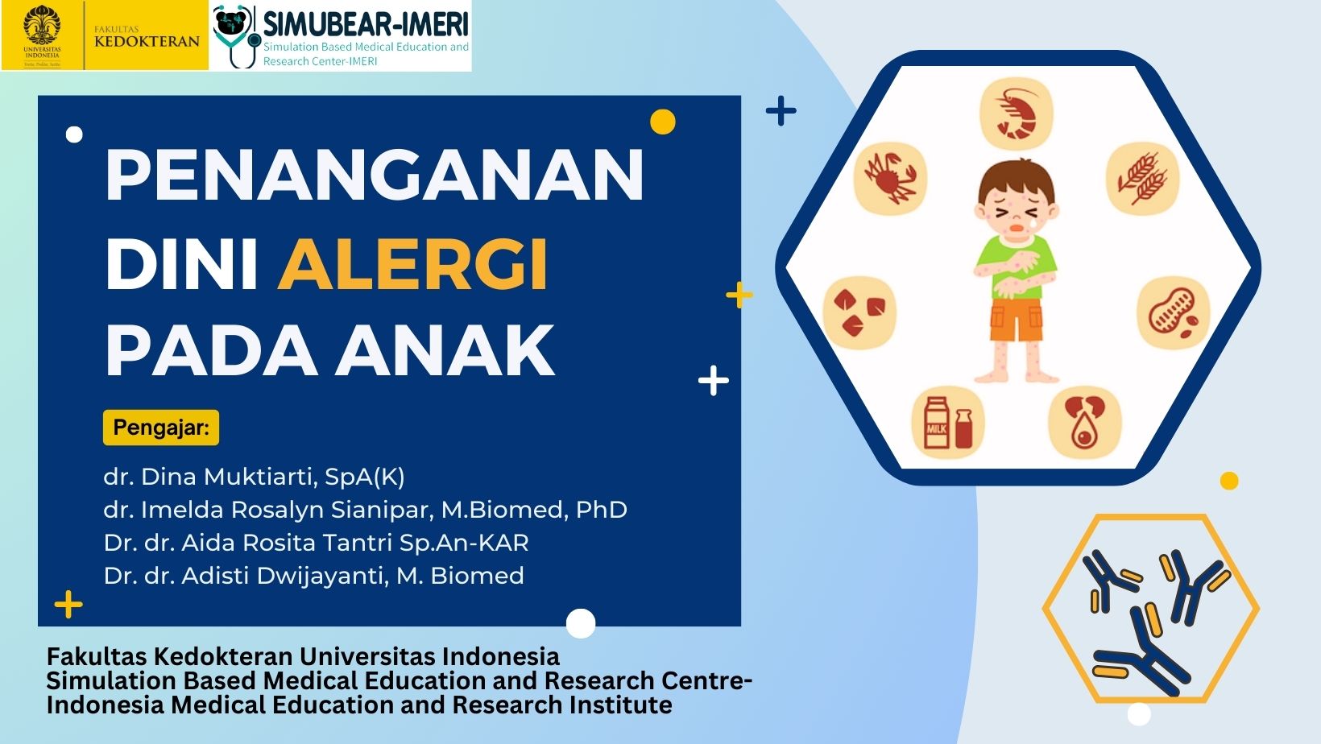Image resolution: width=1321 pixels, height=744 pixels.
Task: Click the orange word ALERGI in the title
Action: point(412,264)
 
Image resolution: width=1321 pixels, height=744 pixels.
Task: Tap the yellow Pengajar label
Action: point(161,428)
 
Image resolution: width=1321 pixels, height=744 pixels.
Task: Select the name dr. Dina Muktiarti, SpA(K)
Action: point(255,477)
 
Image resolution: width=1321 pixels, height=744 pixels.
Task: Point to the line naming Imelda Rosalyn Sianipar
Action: point(365,510)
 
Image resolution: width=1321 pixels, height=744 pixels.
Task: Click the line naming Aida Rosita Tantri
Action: point(316,543)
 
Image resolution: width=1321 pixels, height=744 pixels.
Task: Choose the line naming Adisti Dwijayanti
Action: point(314,576)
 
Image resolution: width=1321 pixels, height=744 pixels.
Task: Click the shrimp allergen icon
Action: point(1016,114)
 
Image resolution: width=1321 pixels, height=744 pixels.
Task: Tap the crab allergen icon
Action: point(891,178)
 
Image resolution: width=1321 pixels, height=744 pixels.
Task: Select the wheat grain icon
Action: point(1142,178)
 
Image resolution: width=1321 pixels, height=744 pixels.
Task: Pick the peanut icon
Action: point(1174,312)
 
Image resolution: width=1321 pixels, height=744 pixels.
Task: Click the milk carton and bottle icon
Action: point(948,423)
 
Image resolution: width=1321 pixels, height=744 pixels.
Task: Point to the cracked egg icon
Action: point(1084,423)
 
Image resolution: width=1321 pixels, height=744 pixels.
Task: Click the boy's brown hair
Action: point(1016,177)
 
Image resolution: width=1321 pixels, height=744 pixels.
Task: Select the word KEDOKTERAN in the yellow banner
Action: point(147,42)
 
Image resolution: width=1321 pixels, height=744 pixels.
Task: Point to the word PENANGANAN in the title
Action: point(374,175)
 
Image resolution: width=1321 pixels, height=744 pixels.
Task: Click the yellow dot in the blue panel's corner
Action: point(663,122)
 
